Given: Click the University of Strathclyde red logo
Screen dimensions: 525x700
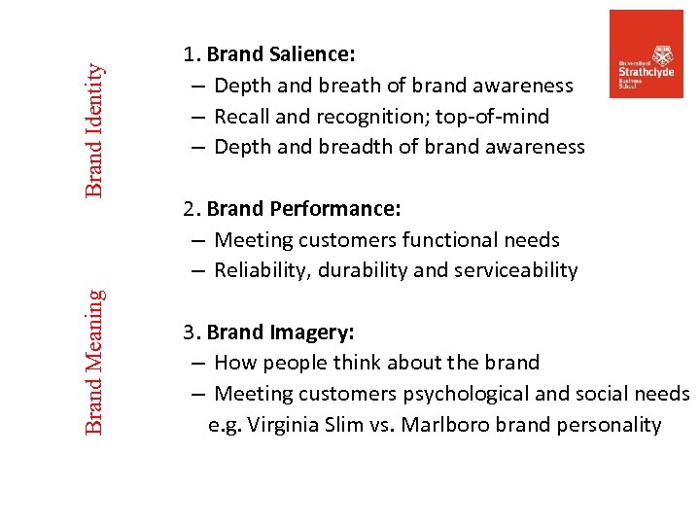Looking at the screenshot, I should click(646, 53).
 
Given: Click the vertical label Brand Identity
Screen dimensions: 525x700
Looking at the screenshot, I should click(94, 129).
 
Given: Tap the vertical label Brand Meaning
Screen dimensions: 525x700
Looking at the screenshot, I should click(94, 362).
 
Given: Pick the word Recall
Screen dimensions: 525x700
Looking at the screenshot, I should click(241, 117).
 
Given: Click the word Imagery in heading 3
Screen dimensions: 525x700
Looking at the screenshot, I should click(313, 332).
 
